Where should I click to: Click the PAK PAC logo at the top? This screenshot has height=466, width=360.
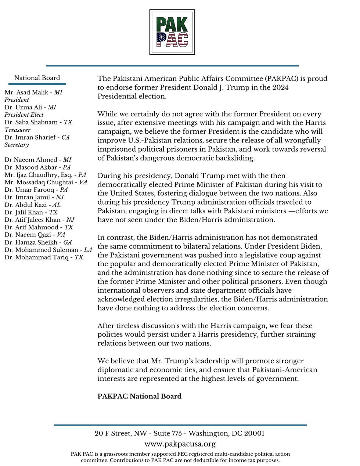tap(172, 32)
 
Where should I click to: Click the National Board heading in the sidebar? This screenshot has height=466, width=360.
tap(37, 78)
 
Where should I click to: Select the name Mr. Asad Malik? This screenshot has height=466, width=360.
tap(26, 93)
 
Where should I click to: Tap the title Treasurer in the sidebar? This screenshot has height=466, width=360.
tap(18, 130)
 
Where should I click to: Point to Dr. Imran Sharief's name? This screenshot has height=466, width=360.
tap(31, 137)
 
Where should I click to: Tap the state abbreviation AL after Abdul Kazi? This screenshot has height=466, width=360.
tap(57, 205)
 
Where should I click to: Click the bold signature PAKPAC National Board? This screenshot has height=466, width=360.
tap(140, 396)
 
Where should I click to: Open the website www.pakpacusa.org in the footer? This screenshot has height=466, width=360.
tap(180, 444)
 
